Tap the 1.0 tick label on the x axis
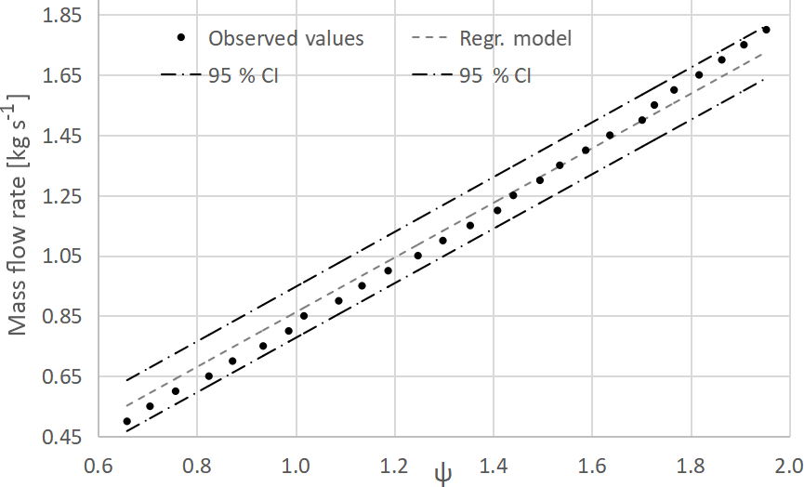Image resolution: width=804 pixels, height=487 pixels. (x=296, y=464)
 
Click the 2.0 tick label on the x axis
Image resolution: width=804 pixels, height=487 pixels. (x=788, y=464)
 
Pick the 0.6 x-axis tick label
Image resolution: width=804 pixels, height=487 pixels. (x=99, y=464)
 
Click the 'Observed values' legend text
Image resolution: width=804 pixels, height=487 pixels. (x=286, y=39)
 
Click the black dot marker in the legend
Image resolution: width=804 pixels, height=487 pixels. (x=183, y=38)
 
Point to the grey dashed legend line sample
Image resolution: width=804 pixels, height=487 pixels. (x=430, y=39)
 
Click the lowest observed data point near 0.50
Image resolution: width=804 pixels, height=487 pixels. (x=127, y=422)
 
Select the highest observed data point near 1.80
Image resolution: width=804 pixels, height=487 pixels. (x=766, y=30)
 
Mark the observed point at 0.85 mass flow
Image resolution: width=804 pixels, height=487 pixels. (x=304, y=316)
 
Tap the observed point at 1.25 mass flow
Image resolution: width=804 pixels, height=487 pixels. (x=512, y=195)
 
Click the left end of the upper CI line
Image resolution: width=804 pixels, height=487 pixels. (x=127, y=380)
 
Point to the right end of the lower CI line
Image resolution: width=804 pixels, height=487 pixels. (x=764, y=80)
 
